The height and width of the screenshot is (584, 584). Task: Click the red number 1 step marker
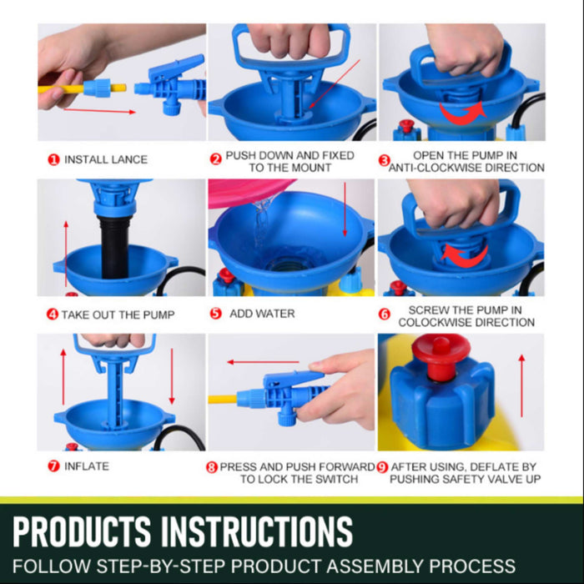tap(53, 160)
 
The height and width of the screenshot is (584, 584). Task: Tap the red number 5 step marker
tap(215, 314)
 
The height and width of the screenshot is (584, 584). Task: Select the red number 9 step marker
tap(382, 467)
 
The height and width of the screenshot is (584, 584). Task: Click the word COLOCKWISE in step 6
tap(429, 323)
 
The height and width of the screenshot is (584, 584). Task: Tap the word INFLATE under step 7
tap(87, 466)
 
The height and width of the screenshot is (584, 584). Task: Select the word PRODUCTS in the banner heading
tap(82, 531)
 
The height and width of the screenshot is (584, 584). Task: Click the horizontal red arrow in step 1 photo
tap(99, 111)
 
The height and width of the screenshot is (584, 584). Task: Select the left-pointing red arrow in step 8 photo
tap(263, 361)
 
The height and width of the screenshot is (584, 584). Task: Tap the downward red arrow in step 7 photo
tap(172, 376)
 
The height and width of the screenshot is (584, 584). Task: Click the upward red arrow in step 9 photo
tap(521, 385)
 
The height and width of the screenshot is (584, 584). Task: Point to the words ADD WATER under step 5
tap(262, 314)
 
